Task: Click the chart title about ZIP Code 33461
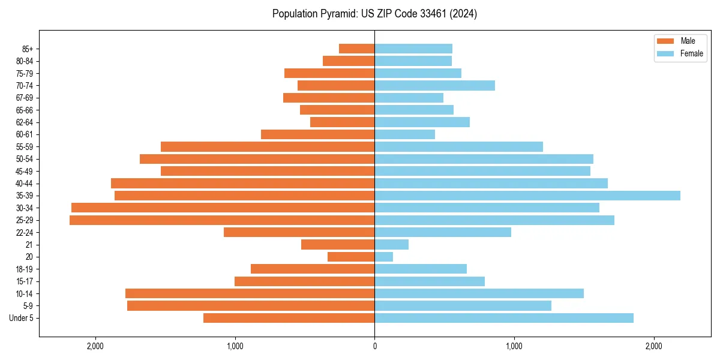click(374, 14)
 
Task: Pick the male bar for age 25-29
click(222, 220)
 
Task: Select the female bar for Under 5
click(503, 318)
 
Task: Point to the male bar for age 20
click(351, 257)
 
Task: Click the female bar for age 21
click(391, 245)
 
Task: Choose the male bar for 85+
click(356, 49)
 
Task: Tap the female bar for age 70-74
click(434, 86)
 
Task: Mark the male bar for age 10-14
click(250, 293)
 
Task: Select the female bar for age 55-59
click(458, 147)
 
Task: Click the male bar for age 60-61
click(317, 134)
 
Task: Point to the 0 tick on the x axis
click(374, 346)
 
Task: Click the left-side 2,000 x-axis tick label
click(95, 346)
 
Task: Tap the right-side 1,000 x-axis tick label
click(514, 346)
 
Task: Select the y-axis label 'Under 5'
click(21, 318)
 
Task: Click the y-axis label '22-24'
click(24, 233)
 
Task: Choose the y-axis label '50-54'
click(24, 159)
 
